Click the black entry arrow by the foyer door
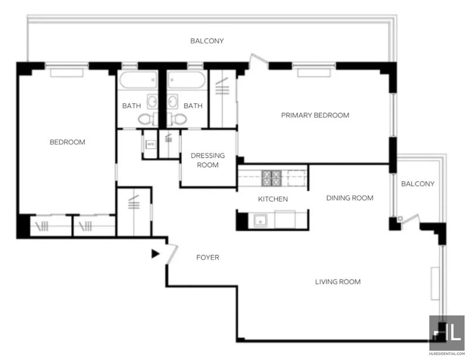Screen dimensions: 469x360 [155, 254]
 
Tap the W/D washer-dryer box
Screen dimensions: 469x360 [150, 145]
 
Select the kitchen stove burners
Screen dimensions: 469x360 [271, 178]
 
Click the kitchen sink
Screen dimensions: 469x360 [260, 220]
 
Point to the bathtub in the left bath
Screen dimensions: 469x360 [138, 80]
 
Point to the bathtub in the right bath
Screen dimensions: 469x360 [186, 80]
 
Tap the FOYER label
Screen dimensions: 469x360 [208, 257]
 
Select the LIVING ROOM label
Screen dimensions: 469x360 [338, 281]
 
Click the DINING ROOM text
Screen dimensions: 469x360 [349, 198]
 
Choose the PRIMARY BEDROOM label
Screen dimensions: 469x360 [315, 116]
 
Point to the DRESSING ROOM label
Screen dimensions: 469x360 [208, 160]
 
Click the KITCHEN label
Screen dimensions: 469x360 [273, 199]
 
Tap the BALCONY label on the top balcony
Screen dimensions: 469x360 [207, 40]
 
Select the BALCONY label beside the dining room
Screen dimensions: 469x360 [417, 184]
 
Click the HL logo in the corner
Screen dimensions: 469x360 [447, 332]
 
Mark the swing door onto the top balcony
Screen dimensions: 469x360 [259, 59]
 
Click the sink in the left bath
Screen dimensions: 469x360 [152, 101]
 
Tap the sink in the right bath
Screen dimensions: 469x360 [172, 101]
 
